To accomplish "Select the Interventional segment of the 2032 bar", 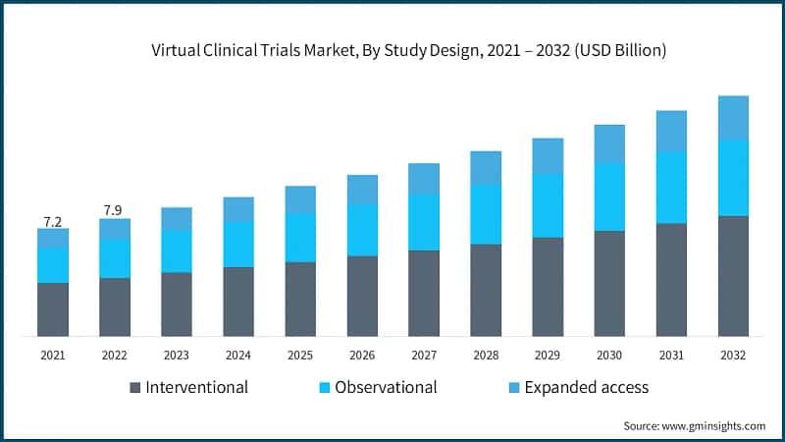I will [x=733, y=276].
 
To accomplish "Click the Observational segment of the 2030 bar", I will [x=609, y=196].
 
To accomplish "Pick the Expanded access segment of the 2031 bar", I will [x=671, y=132].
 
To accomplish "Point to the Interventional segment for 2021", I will [x=53, y=309].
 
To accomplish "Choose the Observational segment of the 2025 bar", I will [x=300, y=238].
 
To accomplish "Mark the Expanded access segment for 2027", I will [x=424, y=179].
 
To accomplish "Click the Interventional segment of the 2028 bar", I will [x=486, y=290].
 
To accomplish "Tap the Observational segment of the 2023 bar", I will [x=177, y=251].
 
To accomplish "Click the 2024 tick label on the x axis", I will [x=238, y=355].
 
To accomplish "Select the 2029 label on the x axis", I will [x=548, y=355].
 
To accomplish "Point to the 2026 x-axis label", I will [x=362, y=355].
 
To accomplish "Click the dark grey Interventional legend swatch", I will [x=135, y=387].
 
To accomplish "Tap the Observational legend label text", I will [x=386, y=387].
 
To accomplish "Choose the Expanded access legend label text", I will [x=587, y=387].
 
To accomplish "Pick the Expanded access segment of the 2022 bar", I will [x=115, y=229].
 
